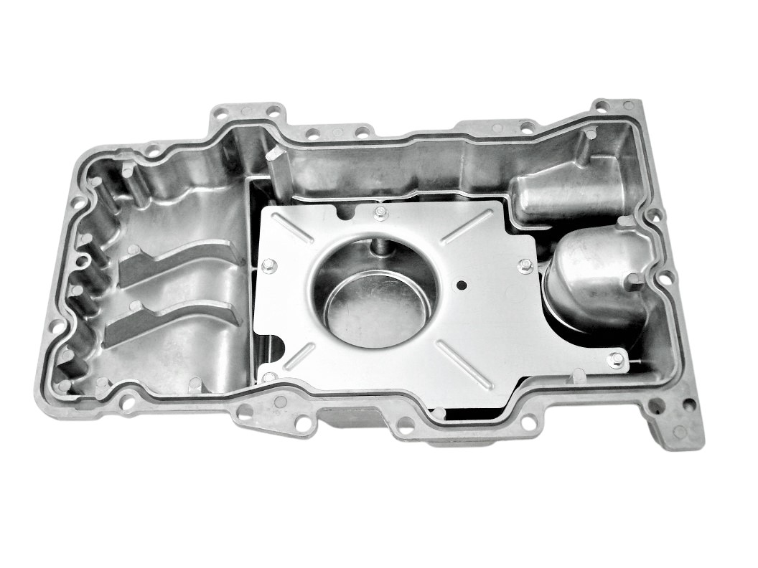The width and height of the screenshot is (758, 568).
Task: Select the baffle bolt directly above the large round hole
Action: pos(380,212)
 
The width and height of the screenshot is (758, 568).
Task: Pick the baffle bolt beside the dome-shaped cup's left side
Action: pos(524,266)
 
